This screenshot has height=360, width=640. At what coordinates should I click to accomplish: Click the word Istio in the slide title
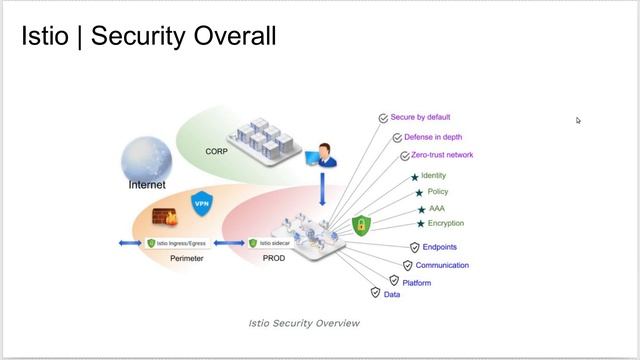45,37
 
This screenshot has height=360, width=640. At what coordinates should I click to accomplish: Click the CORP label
217,151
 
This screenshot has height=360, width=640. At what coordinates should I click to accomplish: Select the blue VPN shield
202,204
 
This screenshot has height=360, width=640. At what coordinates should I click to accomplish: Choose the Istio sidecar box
279,243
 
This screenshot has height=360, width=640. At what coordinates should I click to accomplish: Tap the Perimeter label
186,258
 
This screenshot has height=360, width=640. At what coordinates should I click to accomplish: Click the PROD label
273,258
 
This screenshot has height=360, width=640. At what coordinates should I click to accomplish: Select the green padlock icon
361,224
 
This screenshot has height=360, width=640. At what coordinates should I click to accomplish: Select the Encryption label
445,223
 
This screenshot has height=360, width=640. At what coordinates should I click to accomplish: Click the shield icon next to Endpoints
414,247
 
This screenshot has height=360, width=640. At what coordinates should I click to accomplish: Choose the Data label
392,295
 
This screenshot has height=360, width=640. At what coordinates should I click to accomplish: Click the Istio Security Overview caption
303,323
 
